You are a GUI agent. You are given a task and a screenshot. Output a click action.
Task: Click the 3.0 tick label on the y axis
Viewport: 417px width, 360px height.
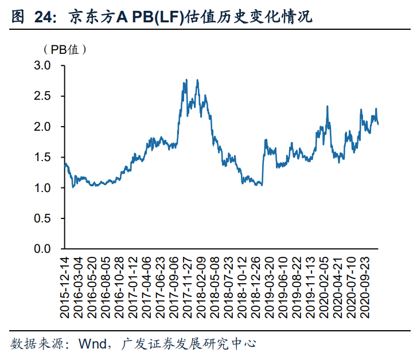click(44, 66)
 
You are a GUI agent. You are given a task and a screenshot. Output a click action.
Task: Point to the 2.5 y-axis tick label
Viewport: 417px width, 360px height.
click(44, 96)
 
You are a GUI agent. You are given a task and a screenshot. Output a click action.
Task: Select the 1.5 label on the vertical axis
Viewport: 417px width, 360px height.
click(44, 158)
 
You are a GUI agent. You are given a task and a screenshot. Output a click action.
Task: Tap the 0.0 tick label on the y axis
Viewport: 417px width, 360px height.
click(44, 249)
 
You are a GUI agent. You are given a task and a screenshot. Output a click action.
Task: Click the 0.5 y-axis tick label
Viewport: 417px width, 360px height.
click(44, 218)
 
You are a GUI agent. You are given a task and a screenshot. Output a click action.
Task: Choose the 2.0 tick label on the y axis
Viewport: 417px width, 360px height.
click(44, 127)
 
